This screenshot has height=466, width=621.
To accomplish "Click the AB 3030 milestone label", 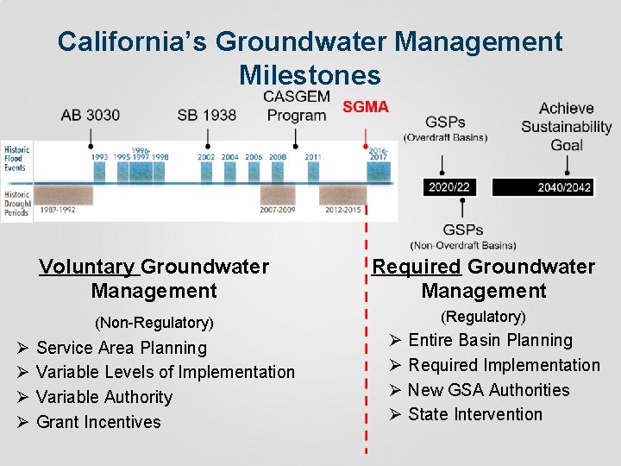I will pyautogui.click(x=91, y=115).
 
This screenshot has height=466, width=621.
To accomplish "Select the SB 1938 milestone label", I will pyautogui.click(x=206, y=115).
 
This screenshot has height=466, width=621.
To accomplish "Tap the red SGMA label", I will pyautogui.click(x=366, y=107).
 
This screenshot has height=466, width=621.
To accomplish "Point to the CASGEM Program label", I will pyautogui.click(x=296, y=105).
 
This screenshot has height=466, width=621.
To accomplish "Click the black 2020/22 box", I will pyautogui.click(x=448, y=187).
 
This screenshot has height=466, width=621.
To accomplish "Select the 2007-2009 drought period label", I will pyautogui.click(x=278, y=209).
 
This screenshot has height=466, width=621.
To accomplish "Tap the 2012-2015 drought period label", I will pyautogui.click(x=343, y=209).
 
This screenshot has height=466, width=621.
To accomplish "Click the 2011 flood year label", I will pyautogui.click(x=312, y=157).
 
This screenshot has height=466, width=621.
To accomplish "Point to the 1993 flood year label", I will pyautogui.click(x=100, y=157).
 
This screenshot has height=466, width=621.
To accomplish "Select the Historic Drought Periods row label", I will pyautogui.click(x=16, y=203).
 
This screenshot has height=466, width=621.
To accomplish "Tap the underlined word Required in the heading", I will pyautogui.click(x=417, y=267).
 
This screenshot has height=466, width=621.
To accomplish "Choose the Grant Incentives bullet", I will pyautogui.click(x=98, y=422).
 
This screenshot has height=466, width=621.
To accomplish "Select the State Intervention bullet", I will pyautogui.click(x=475, y=414).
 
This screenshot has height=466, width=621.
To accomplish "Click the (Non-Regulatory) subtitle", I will pyautogui.click(x=153, y=323).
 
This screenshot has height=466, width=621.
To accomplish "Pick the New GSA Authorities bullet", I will pyautogui.click(x=488, y=390).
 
